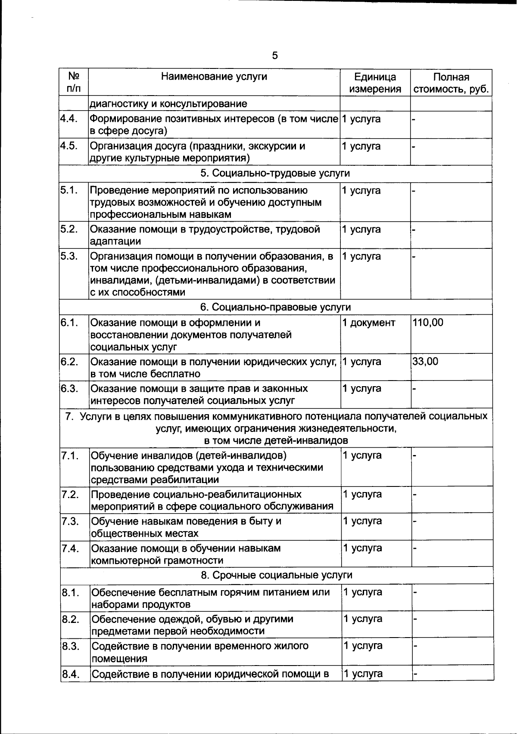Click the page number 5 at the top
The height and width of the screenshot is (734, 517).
[x=275, y=56]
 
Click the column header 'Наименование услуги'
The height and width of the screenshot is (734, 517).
[x=214, y=77]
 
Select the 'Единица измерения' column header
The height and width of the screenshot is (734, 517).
[x=375, y=83]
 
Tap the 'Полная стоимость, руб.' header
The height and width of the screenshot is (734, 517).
[x=451, y=83]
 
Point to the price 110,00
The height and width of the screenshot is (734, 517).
[x=428, y=322]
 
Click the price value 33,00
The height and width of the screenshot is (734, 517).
[x=425, y=361]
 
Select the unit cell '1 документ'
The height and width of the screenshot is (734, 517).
[x=368, y=322]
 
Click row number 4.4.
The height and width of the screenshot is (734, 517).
[x=69, y=118]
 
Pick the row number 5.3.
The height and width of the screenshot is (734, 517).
[x=69, y=256]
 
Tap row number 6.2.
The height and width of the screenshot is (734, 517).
[x=69, y=361]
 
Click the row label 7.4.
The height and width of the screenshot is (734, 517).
[x=70, y=548]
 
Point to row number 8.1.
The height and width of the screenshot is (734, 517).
[x=71, y=592]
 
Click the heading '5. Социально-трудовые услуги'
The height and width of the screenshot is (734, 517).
[x=275, y=173]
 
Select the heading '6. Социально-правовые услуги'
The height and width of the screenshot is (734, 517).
[x=275, y=307]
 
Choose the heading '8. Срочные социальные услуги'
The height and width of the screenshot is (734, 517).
[x=277, y=575]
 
